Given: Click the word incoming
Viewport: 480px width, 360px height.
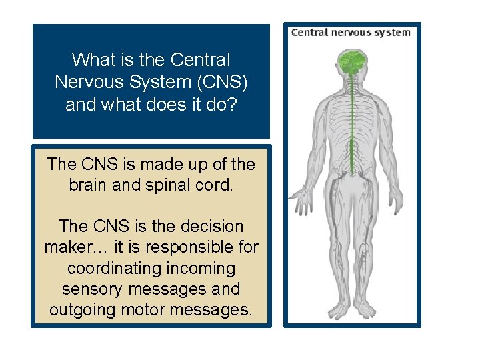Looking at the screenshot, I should (207, 268).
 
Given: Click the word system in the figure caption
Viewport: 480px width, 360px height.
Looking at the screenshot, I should (392, 32).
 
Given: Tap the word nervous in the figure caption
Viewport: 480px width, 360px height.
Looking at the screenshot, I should (349, 32).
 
